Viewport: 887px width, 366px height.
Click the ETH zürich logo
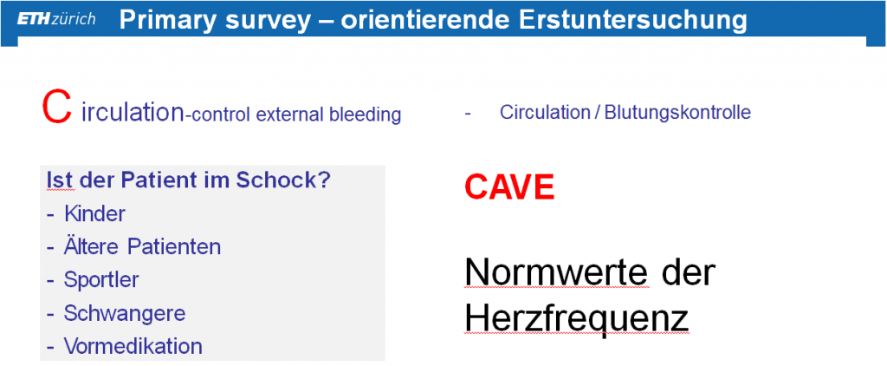click(x=56, y=19)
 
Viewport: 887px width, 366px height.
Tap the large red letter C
click(x=56, y=108)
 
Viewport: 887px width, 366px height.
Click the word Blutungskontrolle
click(x=677, y=112)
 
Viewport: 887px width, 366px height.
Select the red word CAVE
click(x=509, y=187)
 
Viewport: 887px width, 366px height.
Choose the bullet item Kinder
click(x=94, y=213)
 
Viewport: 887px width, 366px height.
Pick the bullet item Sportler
click(x=101, y=280)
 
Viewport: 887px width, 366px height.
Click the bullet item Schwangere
click(x=125, y=313)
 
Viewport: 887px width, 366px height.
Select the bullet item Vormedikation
click(x=133, y=345)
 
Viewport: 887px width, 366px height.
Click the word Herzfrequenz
click(x=576, y=319)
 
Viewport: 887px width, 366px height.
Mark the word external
click(x=289, y=115)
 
